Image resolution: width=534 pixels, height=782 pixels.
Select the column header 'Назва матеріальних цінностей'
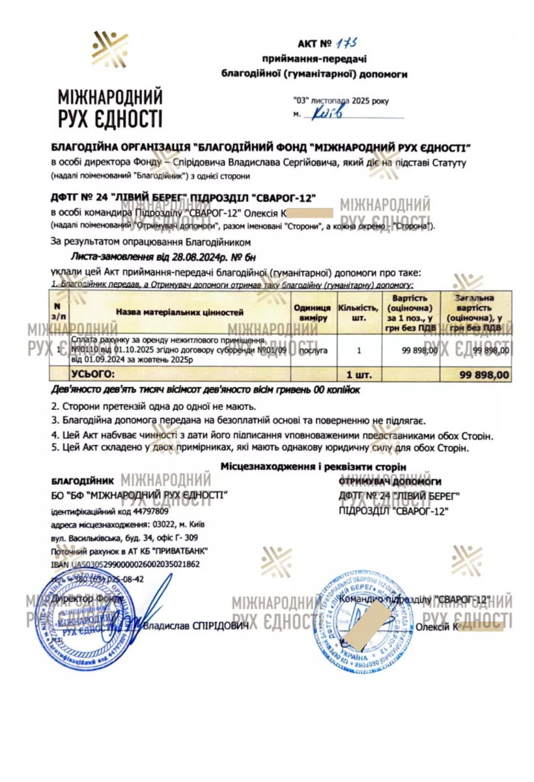point(179,312)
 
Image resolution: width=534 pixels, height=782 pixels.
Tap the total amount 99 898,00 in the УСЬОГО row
point(484,375)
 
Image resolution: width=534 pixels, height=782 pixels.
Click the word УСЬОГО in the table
point(91,375)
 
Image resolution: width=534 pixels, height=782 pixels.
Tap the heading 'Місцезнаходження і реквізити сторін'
point(313,467)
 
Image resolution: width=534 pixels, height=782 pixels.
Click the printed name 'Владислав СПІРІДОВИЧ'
point(197,626)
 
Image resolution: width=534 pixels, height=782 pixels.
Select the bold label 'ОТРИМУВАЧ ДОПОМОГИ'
point(390,482)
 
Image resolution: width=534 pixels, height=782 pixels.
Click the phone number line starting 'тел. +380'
point(98,578)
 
